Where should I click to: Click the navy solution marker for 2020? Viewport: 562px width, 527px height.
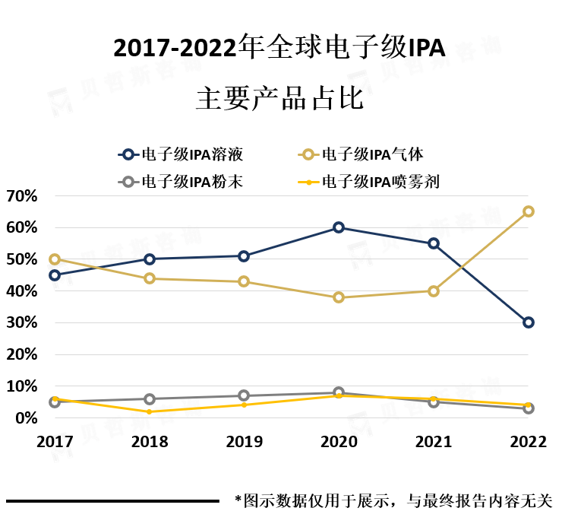(x=339, y=227)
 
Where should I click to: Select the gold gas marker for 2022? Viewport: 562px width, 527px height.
(x=529, y=211)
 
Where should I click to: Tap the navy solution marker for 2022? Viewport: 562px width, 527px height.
(x=529, y=322)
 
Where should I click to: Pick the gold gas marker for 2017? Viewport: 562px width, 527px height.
(x=55, y=259)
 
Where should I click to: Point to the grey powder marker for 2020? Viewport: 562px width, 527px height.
(x=339, y=392)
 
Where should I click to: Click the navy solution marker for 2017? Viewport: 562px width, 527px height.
(x=55, y=275)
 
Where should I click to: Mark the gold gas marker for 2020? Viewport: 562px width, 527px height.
(x=339, y=297)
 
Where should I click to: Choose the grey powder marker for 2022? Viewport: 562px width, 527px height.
(x=529, y=408)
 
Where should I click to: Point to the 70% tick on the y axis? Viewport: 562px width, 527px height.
(x=22, y=196)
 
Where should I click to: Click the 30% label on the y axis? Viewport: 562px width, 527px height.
(x=22, y=323)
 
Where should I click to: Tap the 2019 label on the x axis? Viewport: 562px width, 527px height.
(x=244, y=442)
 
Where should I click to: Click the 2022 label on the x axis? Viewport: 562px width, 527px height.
(x=529, y=442)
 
